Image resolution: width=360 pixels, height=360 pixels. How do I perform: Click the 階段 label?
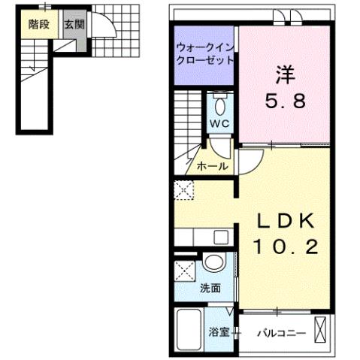tap(39, 24)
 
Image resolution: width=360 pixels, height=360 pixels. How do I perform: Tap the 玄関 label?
tap(73, 24)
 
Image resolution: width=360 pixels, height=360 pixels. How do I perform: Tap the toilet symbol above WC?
tap(219, 104)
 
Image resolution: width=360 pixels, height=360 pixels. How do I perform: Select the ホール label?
tap(212, 166)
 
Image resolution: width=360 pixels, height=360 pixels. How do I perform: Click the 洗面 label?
tap(210, 287)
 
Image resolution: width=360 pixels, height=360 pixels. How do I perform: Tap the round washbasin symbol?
tap(213, 264)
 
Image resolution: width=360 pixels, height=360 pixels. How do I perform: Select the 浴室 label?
tap(218, 331)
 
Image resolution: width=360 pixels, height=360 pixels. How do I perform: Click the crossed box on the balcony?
tap(322, 330)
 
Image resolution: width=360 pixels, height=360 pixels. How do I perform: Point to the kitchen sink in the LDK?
tap(220, 238)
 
